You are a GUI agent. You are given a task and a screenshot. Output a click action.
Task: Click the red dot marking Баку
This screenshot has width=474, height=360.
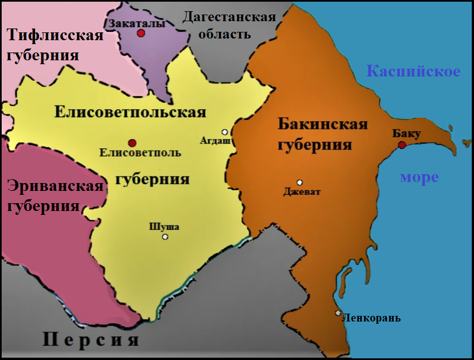click(x=402, y=145)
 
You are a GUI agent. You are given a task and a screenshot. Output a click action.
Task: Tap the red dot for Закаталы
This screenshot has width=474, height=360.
click(x=141, y=33)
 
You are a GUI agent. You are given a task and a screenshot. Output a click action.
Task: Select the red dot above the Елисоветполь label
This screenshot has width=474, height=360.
click(x=132, y=143)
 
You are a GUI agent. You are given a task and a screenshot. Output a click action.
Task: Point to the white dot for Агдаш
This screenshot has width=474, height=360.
click(x=224, y=132)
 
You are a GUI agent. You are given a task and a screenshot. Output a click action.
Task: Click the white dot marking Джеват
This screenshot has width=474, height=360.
click(x=300, y=182)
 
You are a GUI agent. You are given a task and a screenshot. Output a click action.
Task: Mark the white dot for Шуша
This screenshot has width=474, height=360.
click(x=165, y=237)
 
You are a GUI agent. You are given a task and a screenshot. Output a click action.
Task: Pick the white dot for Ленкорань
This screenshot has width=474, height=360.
click(x=338, y=313)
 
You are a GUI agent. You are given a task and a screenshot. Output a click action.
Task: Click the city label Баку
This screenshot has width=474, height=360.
click(x=406, y=134)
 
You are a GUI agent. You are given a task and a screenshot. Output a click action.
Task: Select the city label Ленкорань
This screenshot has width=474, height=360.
click(x=371, y=319)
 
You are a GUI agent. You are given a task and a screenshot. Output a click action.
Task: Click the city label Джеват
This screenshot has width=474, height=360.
click(x=302, y=193)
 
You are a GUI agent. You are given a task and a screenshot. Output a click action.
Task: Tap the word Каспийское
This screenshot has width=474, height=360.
click(x=413, y=71)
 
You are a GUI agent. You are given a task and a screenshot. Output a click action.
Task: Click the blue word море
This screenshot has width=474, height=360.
click(x=419, y=177)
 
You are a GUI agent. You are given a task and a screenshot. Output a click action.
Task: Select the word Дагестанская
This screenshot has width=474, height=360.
click(x=229, y=17)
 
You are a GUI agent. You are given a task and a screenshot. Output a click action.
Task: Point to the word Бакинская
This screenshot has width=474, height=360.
click(x=323, y=124)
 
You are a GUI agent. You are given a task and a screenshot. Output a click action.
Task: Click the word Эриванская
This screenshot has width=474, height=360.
click(x=55, y=186)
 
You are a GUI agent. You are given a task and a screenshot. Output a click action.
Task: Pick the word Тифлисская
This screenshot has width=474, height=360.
click(x=55, y=36)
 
